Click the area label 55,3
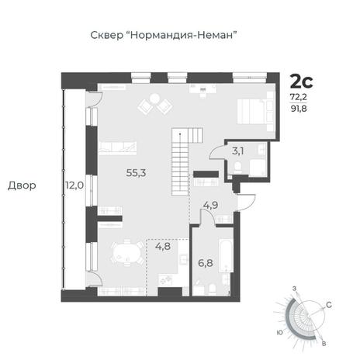point(136,172)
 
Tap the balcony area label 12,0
point(74,185)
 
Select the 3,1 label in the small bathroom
point(237,151)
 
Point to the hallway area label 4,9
point(210,206)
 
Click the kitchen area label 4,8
point(163,246)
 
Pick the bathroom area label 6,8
point(206,263)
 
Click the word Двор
point(22,185)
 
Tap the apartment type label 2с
point(302,81)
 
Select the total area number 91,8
point(299,109)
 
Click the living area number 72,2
point(299,97)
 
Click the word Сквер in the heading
point(107,35)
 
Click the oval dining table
point(127,253)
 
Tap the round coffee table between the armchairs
point(155,99)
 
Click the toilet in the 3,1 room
point(237,168)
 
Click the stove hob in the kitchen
point(165,280)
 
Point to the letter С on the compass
point(329,305)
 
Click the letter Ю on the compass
point(279,332)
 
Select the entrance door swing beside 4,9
point(246,202)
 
